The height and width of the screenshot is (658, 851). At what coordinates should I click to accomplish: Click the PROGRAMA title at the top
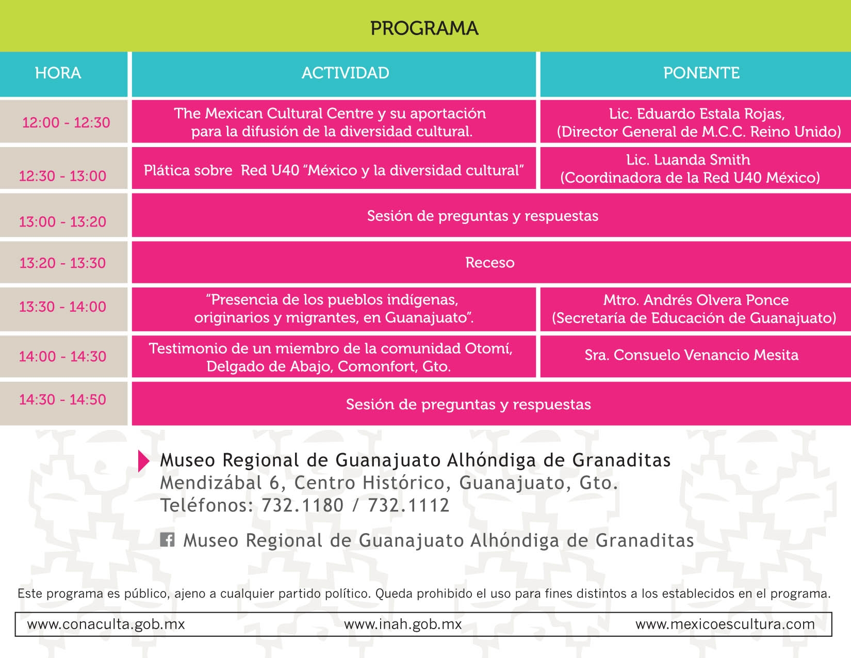coord(424,28)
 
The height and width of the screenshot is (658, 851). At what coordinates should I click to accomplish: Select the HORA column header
coord(58,73)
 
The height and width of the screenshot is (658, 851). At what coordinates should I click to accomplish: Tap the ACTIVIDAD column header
coord(345,73)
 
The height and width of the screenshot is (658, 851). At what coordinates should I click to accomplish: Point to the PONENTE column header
coord(701,73)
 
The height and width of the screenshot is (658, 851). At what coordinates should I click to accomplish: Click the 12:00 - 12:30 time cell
coord(66,122)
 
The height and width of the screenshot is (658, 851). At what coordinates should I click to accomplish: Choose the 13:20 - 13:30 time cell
coord(62,263)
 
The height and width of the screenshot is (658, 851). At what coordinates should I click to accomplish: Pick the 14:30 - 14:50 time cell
coord(62,399)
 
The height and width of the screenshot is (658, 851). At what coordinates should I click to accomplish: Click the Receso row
coord(489,263)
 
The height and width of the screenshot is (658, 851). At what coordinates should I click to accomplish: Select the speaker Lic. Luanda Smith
coord(688,159)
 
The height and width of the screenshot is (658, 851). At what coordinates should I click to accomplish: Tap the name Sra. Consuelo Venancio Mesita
coord(691,355)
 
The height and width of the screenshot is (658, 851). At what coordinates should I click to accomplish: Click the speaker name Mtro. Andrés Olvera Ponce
coord(696,300)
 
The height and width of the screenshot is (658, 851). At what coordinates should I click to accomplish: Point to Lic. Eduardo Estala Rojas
coord(696,114)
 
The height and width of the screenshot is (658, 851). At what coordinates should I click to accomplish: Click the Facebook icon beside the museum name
coord(167,540)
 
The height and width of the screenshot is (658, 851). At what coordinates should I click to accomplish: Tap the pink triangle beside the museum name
coord(143,461)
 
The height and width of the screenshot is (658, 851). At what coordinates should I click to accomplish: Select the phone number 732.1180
coord(302,505)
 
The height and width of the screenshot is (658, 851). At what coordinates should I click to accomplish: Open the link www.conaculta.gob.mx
coord(106,624)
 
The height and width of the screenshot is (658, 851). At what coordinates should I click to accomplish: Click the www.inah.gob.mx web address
coord(402,624)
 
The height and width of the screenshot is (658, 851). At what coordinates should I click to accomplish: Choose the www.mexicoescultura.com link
coord(725,624)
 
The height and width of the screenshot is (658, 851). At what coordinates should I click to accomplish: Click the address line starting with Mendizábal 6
coord(389,483)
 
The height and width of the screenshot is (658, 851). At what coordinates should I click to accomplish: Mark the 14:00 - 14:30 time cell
coord(62,356)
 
